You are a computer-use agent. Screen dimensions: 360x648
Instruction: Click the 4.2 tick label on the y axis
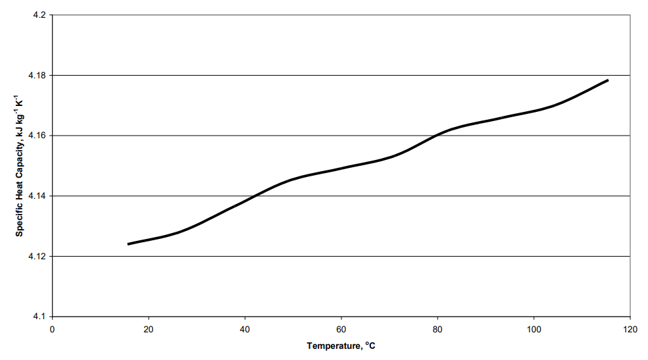[x=39, y=14]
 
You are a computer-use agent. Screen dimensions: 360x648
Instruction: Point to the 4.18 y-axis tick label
[x=37, y=75]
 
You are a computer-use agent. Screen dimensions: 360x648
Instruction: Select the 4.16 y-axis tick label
[x=37, y=136]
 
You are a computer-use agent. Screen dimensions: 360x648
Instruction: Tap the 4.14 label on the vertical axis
[x=37, y=196]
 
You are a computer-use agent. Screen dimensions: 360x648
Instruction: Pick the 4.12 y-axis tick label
[x=37, y=256]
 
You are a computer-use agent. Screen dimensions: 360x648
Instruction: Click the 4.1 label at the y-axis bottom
[x=39, y=317]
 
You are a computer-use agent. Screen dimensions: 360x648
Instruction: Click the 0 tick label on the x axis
[x=52, y=329]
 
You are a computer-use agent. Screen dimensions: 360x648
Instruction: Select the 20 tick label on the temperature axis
[x=149, y=329]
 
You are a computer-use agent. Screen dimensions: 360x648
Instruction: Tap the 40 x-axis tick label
[x=245, y=329]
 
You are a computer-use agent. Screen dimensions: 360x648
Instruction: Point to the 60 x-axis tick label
[x=341, y=329]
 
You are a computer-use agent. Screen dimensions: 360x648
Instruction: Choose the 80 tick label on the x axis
[x=437, y=329]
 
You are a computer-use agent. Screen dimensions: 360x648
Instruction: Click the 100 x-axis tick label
[x=534, y=329]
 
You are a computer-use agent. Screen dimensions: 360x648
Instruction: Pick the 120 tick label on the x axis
[x=630, y=329]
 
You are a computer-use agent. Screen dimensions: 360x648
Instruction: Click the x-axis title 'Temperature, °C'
[x=341, y=346]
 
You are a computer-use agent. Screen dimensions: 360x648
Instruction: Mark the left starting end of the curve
[x=128, y=244]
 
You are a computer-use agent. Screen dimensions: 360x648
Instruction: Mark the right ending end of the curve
[x=608, y=80]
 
